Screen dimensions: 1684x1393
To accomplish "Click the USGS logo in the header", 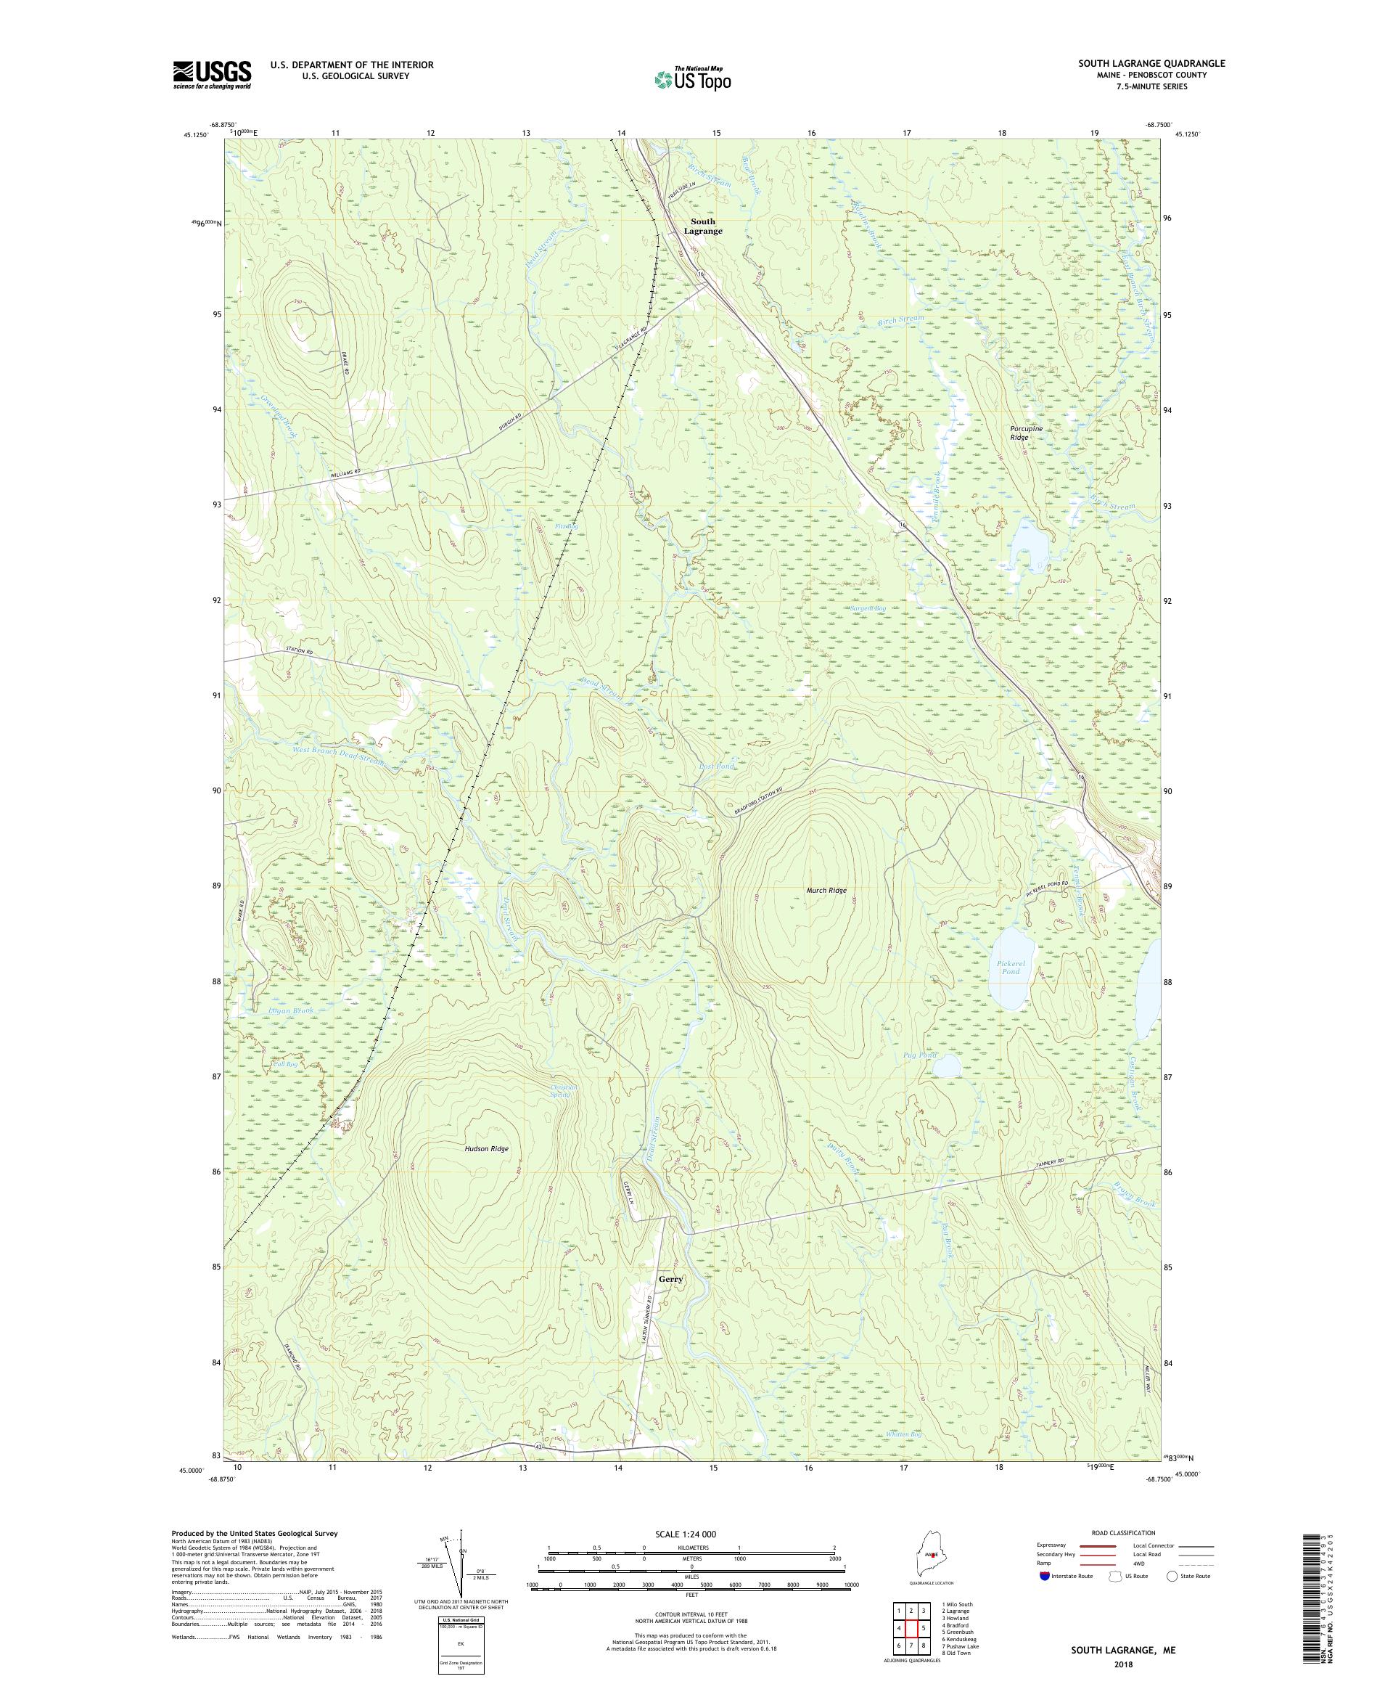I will coord(212,75).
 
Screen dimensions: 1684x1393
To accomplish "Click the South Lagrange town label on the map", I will coord(702,226).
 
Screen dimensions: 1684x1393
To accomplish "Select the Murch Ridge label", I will coord(826,890).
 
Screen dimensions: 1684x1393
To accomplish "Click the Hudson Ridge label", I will coord(487,1148).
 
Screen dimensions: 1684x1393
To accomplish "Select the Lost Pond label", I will coord(716,766).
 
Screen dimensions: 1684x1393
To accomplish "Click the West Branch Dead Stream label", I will coord(338,756).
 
